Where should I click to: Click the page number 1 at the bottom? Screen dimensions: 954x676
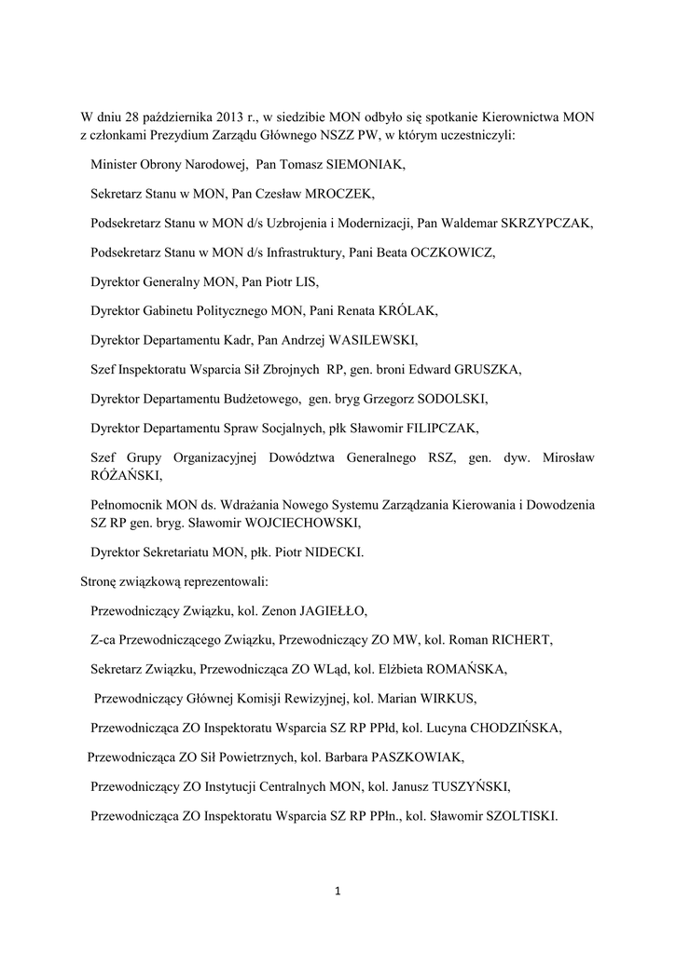338,892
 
